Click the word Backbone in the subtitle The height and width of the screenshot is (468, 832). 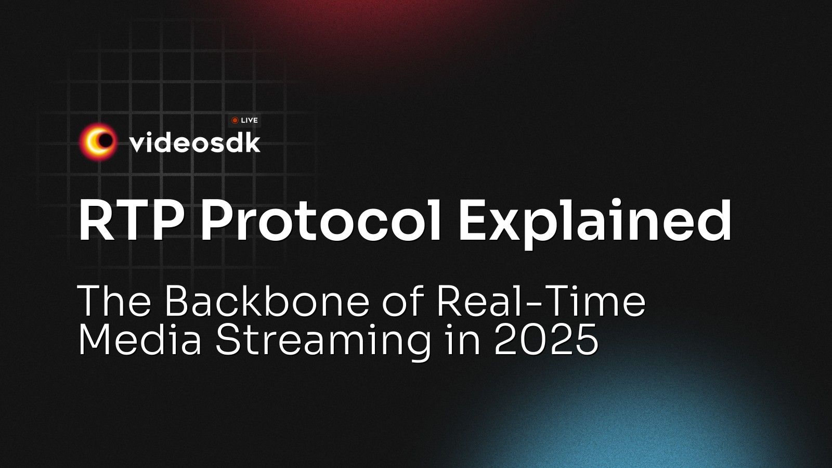click(x=267, y=302)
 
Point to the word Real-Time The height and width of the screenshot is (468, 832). click(x=541, y=302)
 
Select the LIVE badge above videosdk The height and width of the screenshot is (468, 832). click(x=244, y=120)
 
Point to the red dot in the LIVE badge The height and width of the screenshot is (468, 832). click(x=235, y=120)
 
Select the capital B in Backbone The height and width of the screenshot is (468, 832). click(x=180, y=302)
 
